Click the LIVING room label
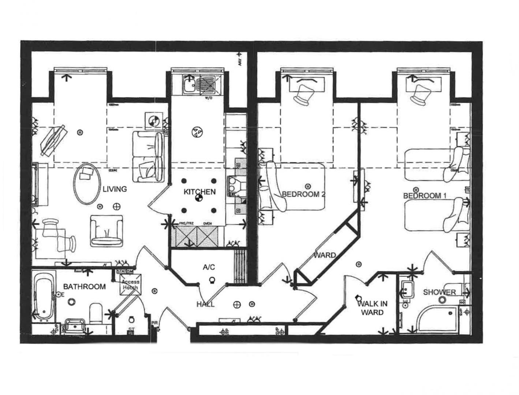click(115, 189)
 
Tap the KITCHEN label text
click(199, 192)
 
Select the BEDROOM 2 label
click(303, 194)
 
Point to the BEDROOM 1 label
click(425, 196)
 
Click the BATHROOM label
click(85, 286)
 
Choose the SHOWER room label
click(439, 292)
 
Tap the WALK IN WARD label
click(372, 308)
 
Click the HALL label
click(205, 304)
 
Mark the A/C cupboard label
click(209, 267)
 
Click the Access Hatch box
click(130, 285)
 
